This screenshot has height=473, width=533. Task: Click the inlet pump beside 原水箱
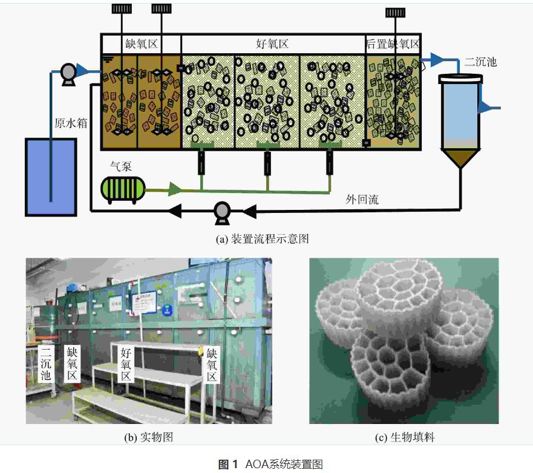coord(68,73)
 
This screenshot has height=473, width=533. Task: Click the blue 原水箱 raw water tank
coord(51,177)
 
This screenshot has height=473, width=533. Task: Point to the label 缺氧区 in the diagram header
coord(141,44)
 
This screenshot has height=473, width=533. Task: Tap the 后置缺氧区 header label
coord(393,44)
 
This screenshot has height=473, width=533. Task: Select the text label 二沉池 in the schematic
coord(482,61)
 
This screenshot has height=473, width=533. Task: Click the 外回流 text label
coord(362,200)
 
